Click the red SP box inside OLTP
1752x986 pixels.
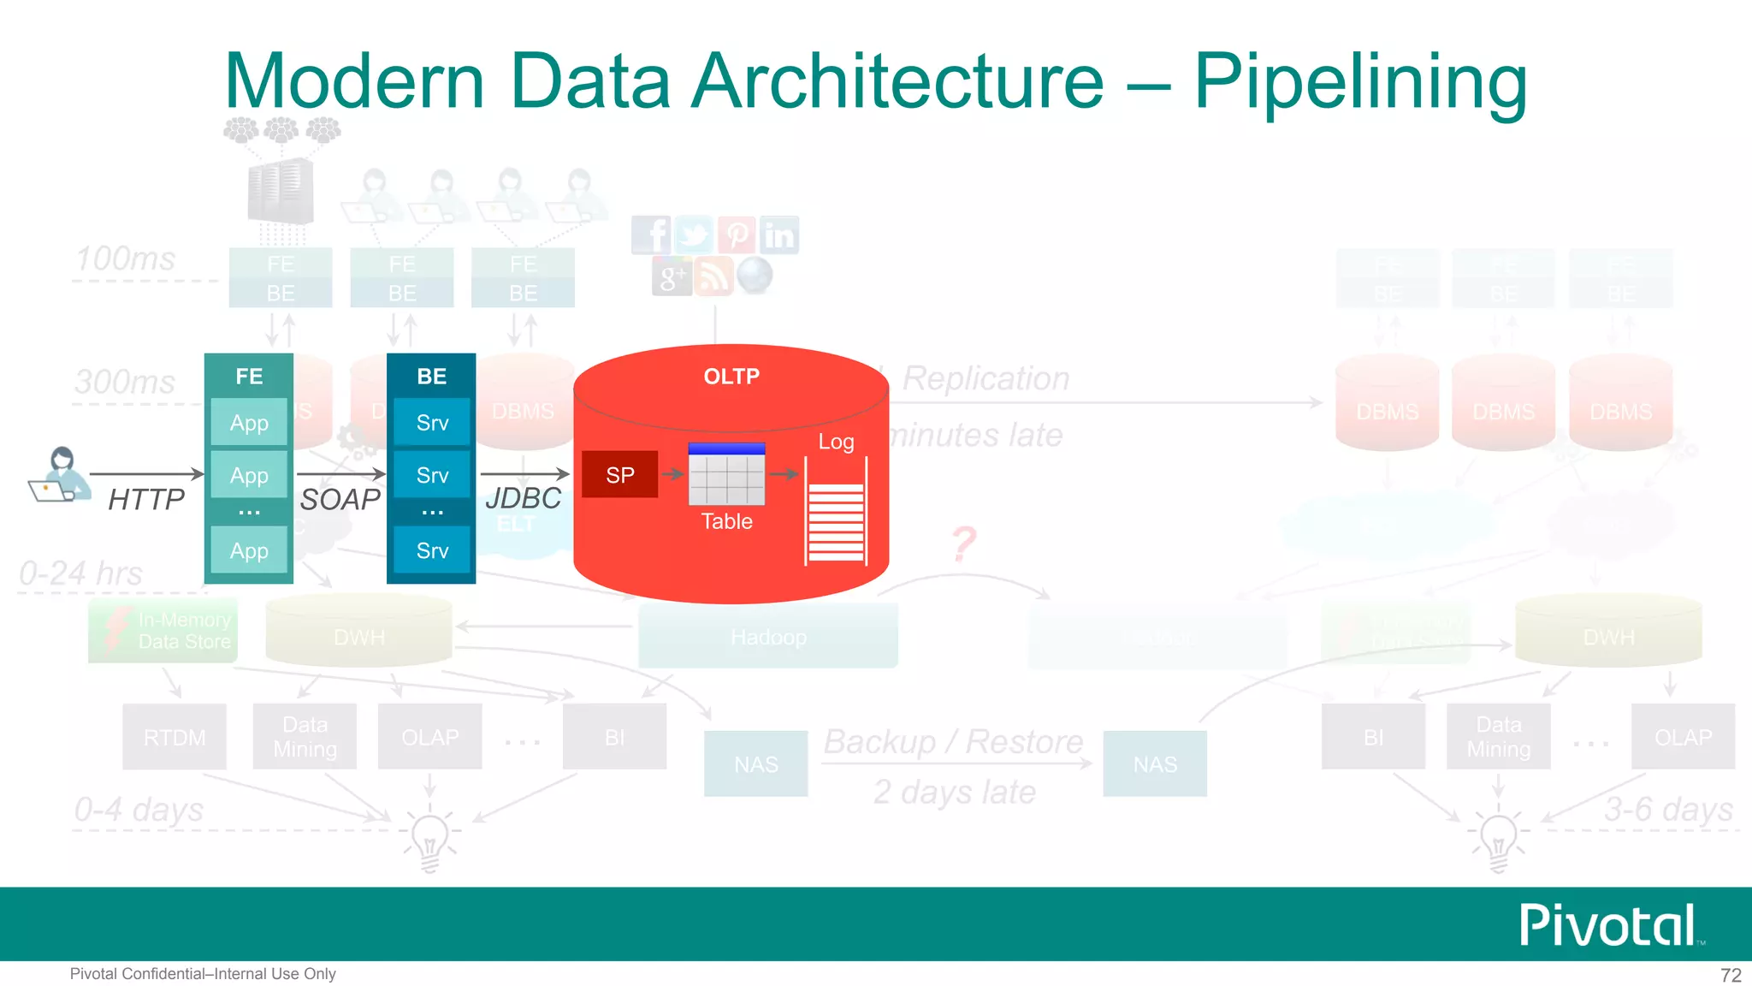click(619, 475)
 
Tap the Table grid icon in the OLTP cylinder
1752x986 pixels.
click(726, 475)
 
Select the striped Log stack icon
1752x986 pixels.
click(836, 520)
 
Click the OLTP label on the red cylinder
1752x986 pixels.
click(731, 377)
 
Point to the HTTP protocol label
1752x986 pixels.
click(146, 499)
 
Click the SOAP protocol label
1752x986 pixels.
click(340, 499)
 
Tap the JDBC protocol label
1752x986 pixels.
click(523, 498)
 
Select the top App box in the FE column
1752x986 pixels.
click(249, 423)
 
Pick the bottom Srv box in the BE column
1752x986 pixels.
click(432, 550)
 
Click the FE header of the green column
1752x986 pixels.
click(249, 377)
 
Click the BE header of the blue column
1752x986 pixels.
click(431, 377)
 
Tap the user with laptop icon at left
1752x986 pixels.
click(60, 475)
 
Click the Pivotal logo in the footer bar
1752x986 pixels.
click(1608, 925)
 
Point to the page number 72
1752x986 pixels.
click(1731, 975)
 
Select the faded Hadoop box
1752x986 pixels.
click(768, 637)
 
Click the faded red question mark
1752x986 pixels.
click(964, 543)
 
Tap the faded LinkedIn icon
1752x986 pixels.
click(778, 235)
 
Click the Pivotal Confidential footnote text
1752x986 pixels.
click(203, 974)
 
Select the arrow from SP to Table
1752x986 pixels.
click(673, 474)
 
